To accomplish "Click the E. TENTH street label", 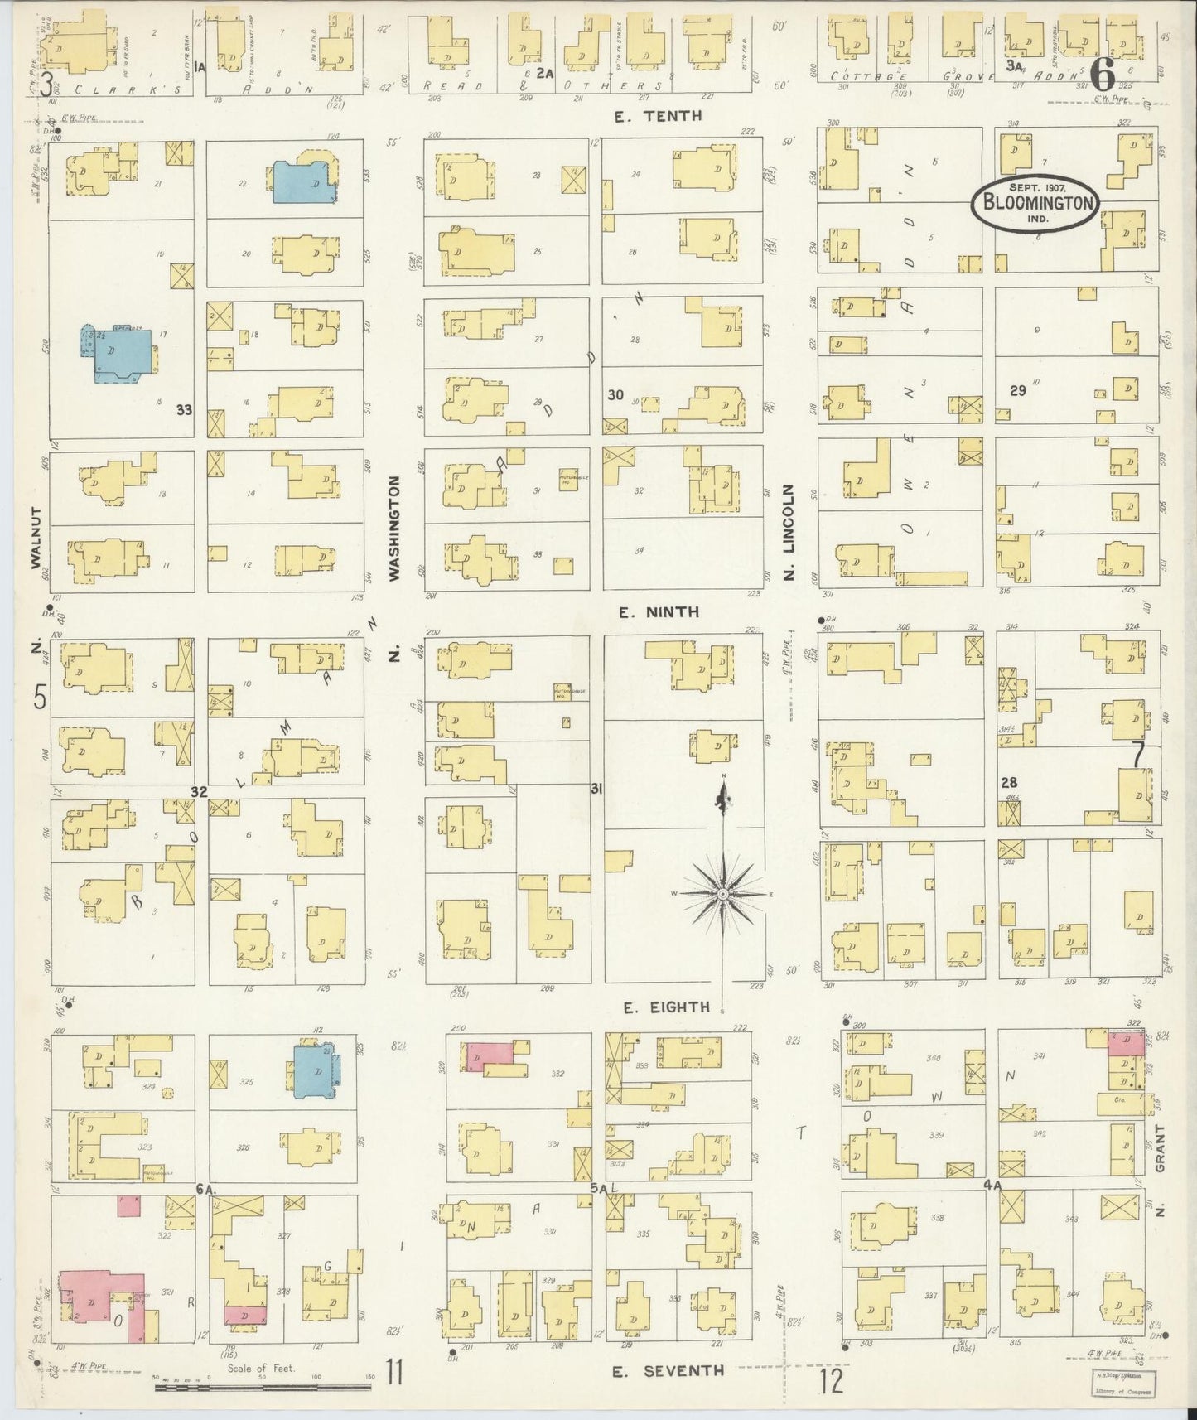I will (659, 116).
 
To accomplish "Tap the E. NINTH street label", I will (659, 612).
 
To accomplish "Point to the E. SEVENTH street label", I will (668, 1371).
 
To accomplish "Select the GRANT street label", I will (1160, 1147).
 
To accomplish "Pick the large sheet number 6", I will (1102, 76).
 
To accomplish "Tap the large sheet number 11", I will (393, 1374).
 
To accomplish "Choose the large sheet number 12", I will (833, 1381).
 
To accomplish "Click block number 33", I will (184, 409).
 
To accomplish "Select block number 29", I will (1017, 390).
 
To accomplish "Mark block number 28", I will (1008, 782).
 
